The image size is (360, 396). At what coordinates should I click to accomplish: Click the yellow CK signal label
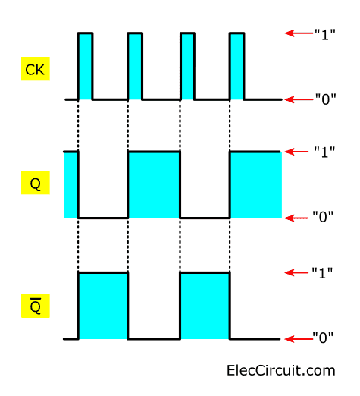click(x=36, y=69)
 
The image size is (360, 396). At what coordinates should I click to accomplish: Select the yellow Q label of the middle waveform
click(x=36, y=183)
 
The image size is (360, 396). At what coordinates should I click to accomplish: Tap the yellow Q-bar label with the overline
click(x=36, y=306)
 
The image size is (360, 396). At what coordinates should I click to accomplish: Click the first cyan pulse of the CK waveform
click(x=85, y=66)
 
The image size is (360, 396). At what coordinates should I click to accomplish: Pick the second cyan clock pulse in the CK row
click(x=135, y=66)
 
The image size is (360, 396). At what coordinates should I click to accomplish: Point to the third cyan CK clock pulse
click(x=187, y=66)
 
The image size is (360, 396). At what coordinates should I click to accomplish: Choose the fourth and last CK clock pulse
click(x=237, y=66)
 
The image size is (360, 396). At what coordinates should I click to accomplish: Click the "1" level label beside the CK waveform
click(x=324, y=34)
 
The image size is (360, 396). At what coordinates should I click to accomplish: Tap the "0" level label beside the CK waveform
click(x=325, y=99)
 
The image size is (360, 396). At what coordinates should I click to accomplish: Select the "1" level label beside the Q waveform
click(x=324, y=152)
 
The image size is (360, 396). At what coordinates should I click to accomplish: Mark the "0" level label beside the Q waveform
click(x=323, y=216)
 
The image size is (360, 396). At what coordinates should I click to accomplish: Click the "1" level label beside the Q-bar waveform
click(x=322, y=273)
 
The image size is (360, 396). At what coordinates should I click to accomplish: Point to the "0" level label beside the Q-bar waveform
click(x=323, y=338)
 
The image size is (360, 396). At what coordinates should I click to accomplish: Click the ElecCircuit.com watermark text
click(x=281, y=371)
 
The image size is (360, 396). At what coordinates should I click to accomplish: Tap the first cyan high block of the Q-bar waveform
click(x=103, y=306)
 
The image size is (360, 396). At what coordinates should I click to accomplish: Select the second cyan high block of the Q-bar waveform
click(x=205, y=306)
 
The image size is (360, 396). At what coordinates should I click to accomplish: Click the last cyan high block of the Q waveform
click(x=255, y=185)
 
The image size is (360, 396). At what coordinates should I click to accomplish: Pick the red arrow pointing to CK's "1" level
click(x=299, y=33)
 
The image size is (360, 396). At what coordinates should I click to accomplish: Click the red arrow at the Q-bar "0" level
click(x=299, y=339)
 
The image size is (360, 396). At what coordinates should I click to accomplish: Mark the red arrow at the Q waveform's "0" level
click(x=296, y=218)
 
